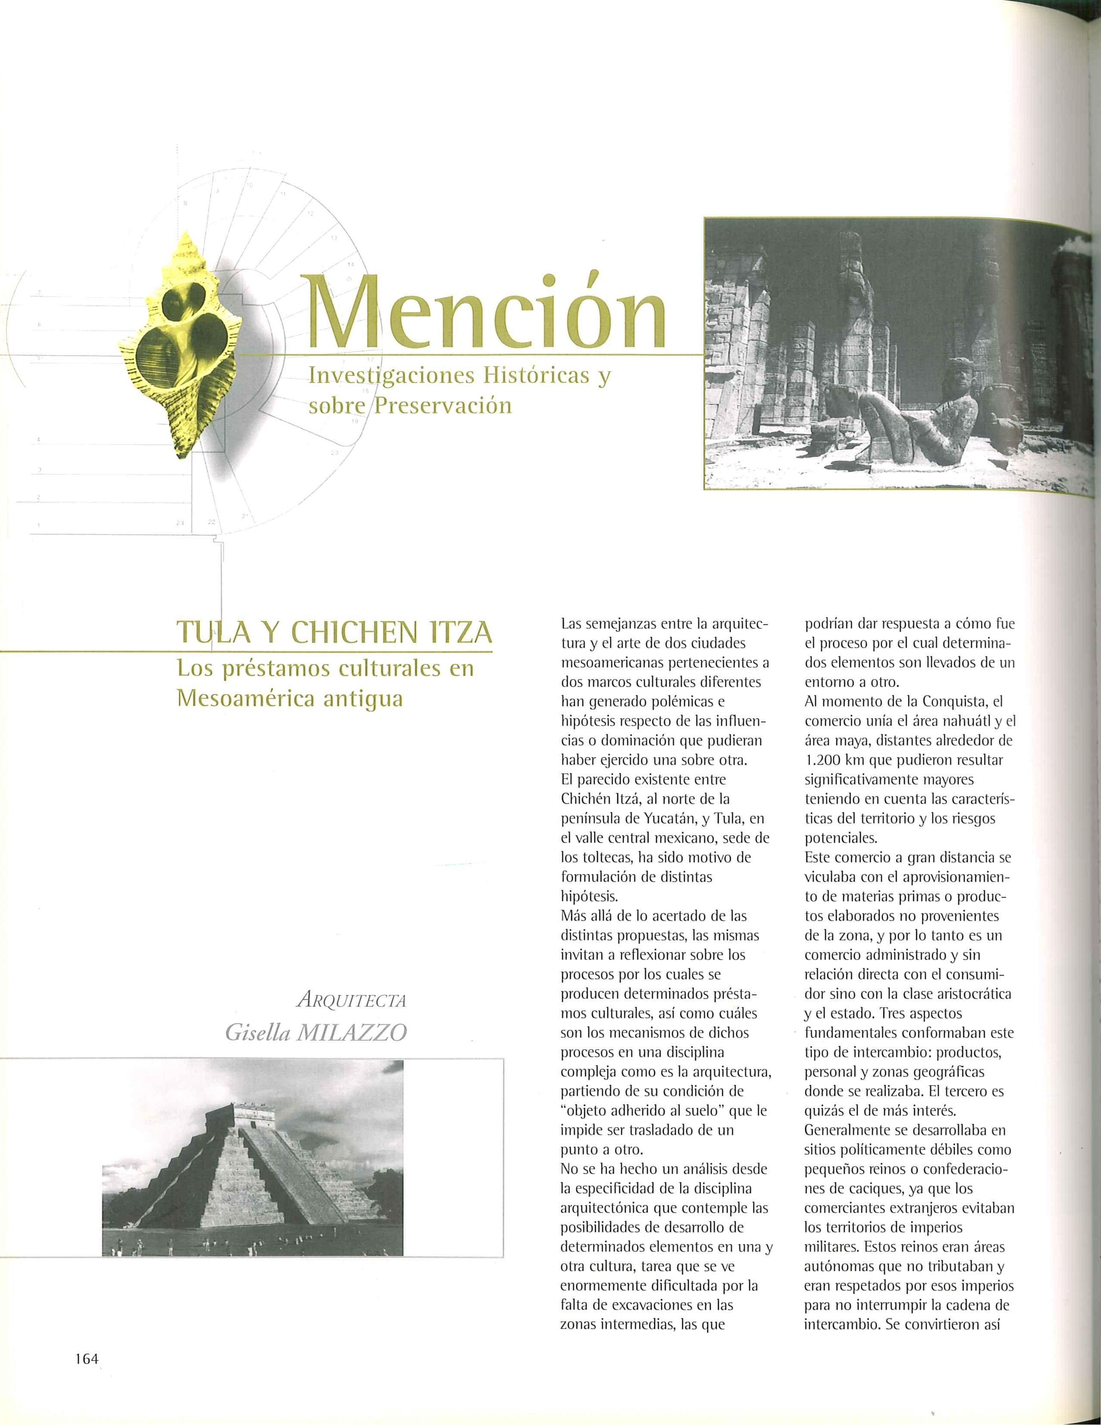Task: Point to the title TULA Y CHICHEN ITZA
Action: [334, 633]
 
